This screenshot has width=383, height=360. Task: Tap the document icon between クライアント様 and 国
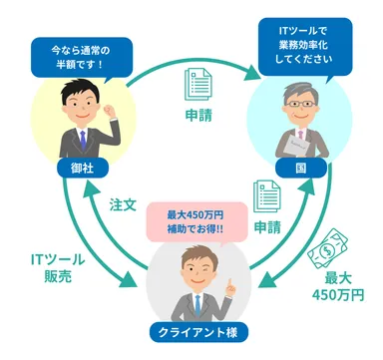tap(266, 196)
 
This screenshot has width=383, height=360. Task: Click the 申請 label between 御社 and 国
tap(195, 115)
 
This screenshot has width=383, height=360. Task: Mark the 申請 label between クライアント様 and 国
tap(266, 228)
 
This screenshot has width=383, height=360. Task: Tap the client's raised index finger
tap(227, 278)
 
